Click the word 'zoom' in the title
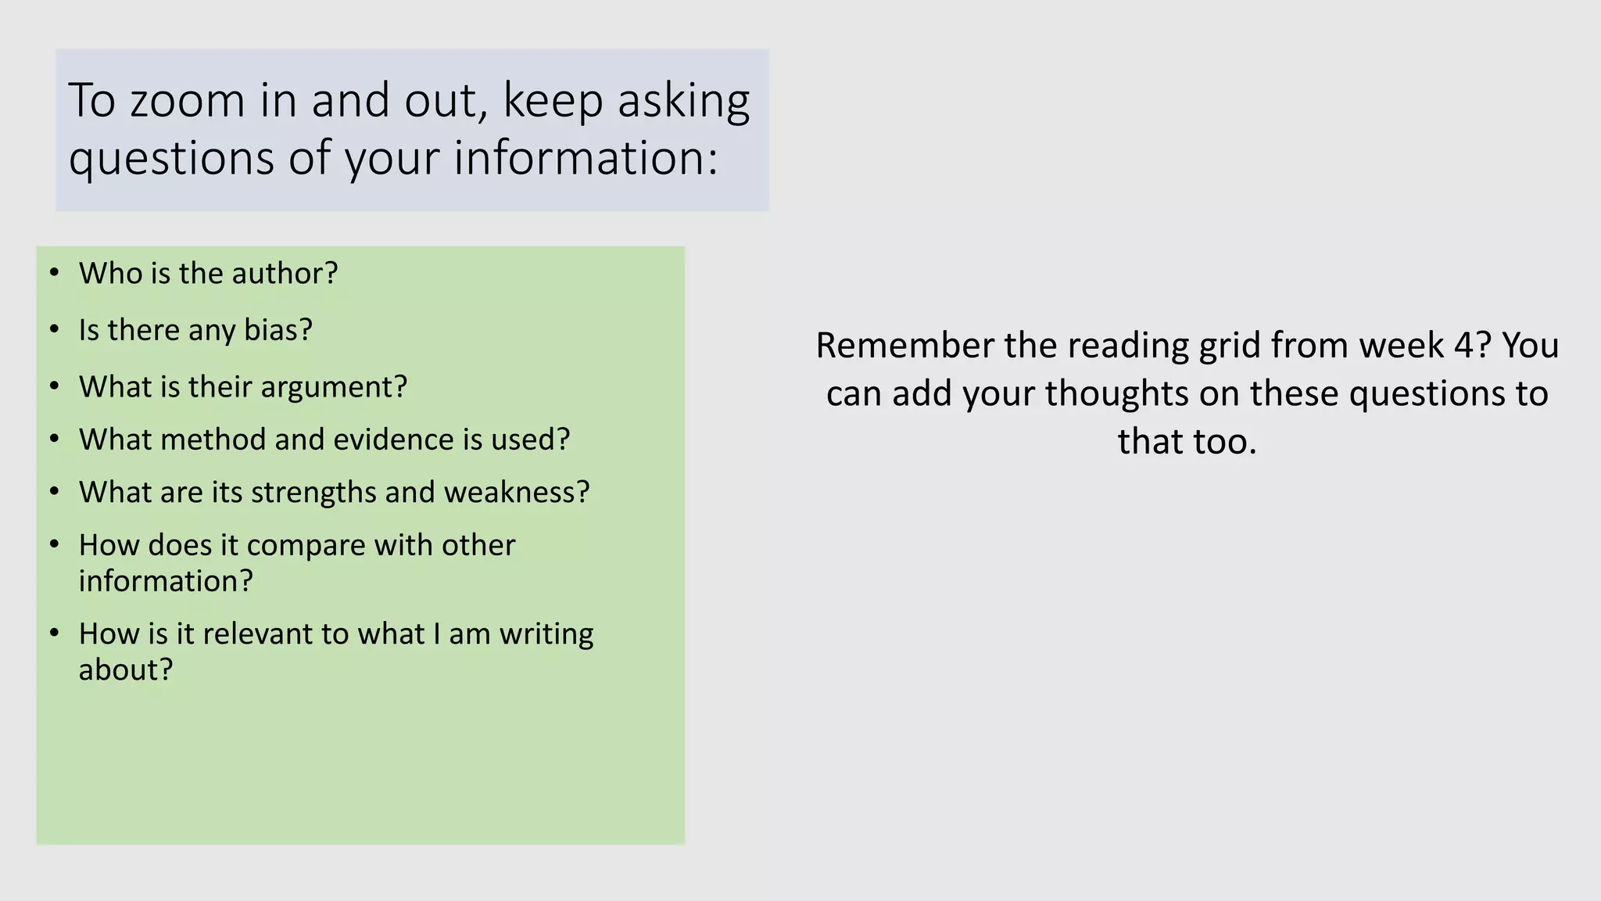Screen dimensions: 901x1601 click(188, 102)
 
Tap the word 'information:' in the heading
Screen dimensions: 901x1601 click(586, 158)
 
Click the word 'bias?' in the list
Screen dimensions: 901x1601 click(278, 330)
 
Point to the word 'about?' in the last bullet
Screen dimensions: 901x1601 click(125, 670)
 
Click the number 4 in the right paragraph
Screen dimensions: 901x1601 click(1463, 346)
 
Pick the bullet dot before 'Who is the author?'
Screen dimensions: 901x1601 click(54, 273)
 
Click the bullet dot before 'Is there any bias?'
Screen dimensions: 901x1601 click(54, 329)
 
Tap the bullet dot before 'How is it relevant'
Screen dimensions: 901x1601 click(54, 633)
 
